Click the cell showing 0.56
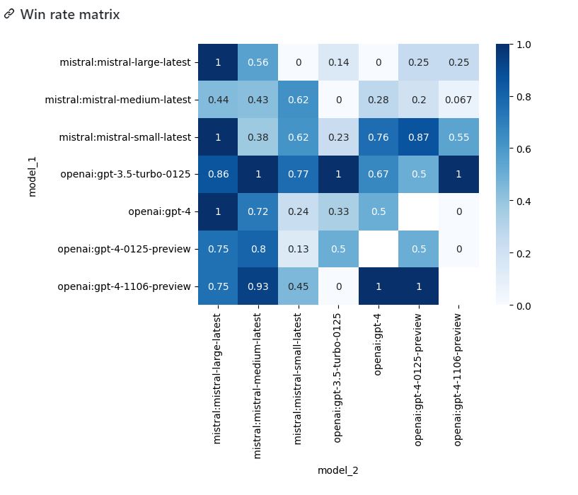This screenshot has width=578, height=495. pos(258,62)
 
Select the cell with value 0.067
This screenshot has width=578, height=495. pos(458,100)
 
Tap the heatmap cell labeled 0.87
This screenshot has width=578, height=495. pos(419,137)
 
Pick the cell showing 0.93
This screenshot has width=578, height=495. pos(258,286)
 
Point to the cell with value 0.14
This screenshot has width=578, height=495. pos(338,62)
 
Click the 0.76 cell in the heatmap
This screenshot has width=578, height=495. pos(378,137)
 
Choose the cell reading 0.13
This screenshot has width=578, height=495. pos(299,249)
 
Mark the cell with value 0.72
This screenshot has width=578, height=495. pos(258,211)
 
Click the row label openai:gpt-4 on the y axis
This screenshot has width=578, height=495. pos(159,211)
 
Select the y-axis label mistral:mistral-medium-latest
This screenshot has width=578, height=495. pos(117,100)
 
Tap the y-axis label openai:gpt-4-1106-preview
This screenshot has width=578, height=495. pos(125,286)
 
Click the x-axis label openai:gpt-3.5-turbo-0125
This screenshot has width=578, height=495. pos(338,378)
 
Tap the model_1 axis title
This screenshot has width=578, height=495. pos(32,175)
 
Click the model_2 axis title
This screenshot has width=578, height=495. pos(338,470)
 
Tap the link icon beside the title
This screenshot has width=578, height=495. pos(9,14)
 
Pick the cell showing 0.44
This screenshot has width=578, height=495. pos(218,100)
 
